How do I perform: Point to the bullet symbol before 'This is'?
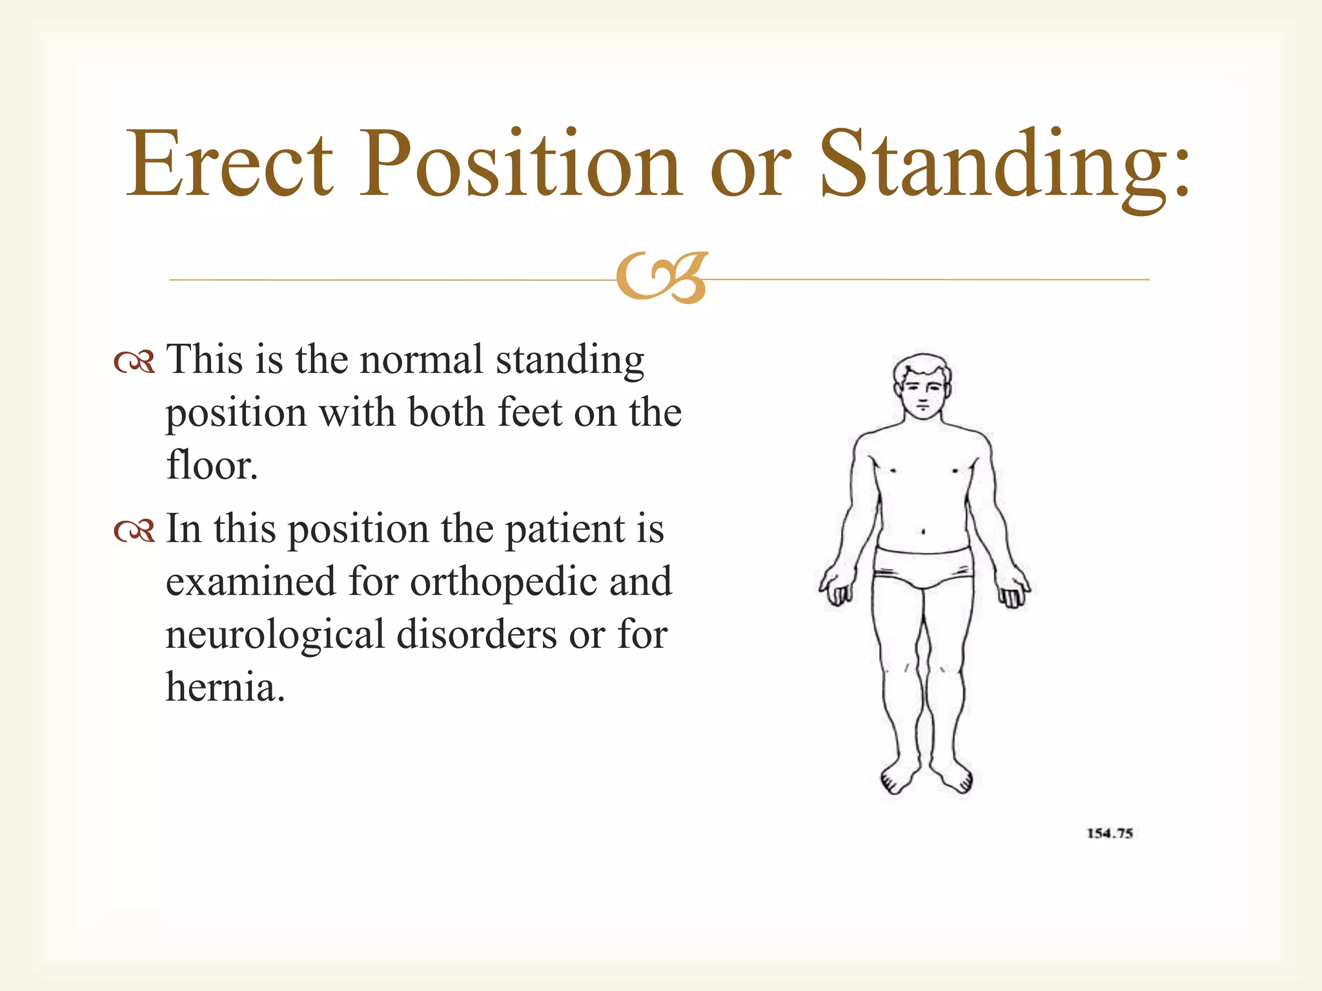pyautogui.click(x=134, y=363)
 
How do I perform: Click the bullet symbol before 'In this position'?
pyautogui.click(x=134, y=532)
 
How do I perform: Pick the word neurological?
pyautogui.click(x=274, y=635)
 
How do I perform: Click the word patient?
pyautogui.click(x=565, y=530)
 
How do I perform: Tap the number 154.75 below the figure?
pyautogui.click(x=1110, y=834)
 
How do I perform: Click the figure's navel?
pyautogui.click(x=923, y=532)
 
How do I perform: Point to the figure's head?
pyautogui.click(x=922, y=387)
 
